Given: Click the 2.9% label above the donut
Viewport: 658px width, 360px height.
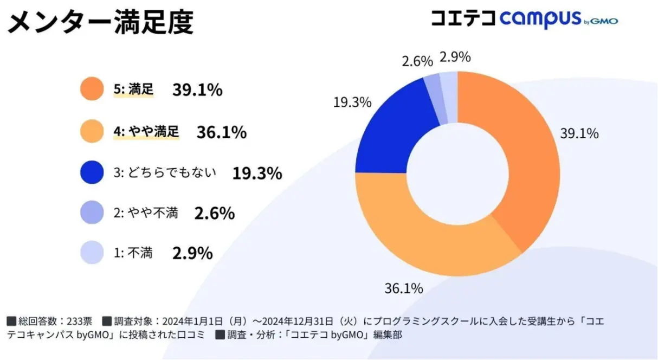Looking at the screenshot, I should pos(455,57).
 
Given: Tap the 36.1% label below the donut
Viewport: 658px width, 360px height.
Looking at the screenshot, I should pos(404,288).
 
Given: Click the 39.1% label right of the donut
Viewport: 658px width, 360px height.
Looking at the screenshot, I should pos(579,133).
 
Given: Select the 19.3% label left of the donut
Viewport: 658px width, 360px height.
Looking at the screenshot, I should pos(352,101).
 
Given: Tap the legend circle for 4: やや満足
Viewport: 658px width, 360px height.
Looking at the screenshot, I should pos(91,132).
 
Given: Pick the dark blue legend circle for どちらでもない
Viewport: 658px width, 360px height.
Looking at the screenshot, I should pos(91,173).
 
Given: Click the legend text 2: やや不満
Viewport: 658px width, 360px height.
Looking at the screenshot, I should pos(146,213).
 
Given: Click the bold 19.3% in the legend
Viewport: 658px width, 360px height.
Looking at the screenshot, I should pos(257,173).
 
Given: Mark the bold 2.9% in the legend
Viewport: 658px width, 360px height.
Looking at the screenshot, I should pos(192,253).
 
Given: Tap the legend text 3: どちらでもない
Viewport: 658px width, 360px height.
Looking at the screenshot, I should pos(165,173).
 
